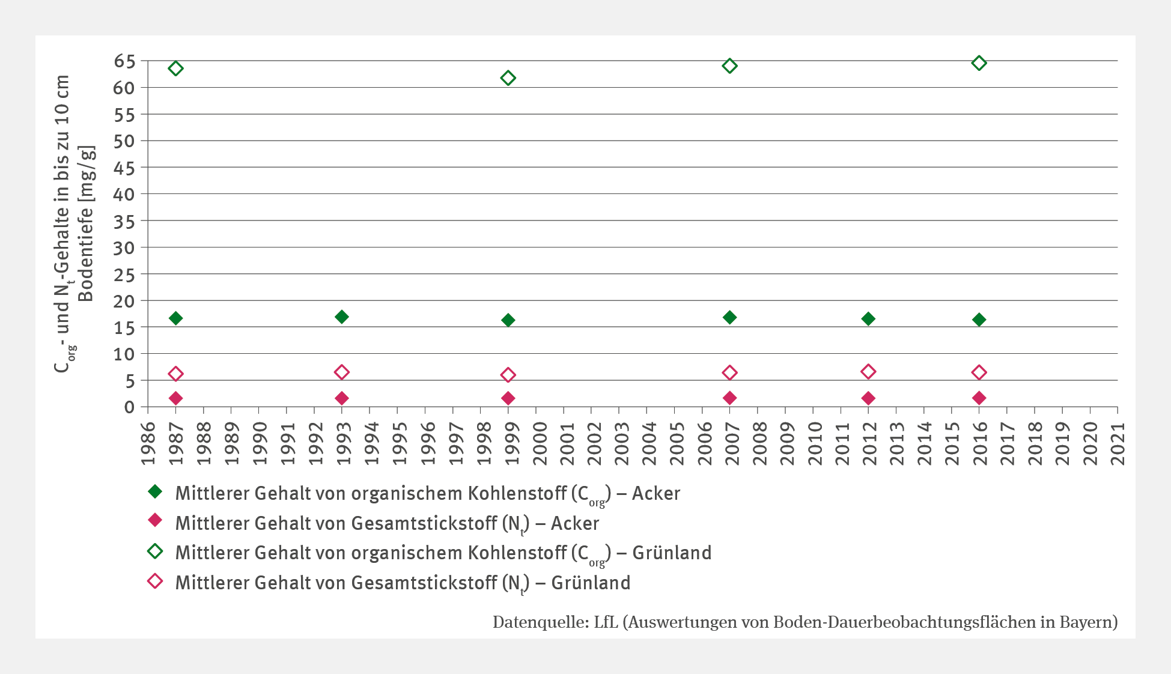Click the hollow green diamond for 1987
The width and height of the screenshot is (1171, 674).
pos(175,68)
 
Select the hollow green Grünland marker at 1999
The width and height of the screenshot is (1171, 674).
pos(508,78)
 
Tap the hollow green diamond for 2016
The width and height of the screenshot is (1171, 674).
pos(979,63)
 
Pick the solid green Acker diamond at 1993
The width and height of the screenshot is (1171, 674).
pos(342,317)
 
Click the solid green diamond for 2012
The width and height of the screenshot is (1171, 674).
pos(868,318)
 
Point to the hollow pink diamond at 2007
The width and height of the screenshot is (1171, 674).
pos(729,372)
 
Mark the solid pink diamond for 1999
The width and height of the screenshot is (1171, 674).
pos(508,398)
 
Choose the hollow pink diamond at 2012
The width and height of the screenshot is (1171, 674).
pos(868,372)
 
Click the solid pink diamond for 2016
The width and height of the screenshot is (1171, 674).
pos(979,398)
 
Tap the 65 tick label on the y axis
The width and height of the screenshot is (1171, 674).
pos(124,61)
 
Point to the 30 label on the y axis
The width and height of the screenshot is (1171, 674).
pos(124,247)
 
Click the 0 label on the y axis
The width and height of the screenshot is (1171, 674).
pos(129,407)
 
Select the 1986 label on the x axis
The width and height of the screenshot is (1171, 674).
pos(148,443)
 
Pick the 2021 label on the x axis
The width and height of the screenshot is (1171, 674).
pos(1118,443)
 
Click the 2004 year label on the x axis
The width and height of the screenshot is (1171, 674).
pos(647,443)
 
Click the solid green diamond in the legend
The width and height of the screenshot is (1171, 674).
pos(155,492)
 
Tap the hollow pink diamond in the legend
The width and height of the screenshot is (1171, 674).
pos(155,581)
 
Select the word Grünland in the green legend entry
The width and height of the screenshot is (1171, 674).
pos(672,553)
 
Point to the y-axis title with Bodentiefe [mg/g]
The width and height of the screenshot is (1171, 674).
pos(86,223)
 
